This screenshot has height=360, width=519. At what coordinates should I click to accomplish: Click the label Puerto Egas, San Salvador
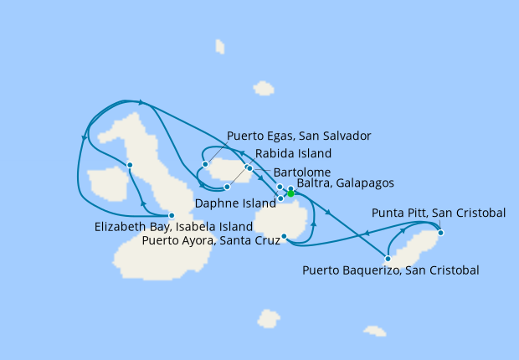pyautogui.click(x=299, y=136)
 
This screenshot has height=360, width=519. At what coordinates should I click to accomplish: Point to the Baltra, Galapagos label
pyautogui.click(x=345, y=183)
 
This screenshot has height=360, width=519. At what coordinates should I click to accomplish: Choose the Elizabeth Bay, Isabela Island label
pyautogui.click(x=174, y=227)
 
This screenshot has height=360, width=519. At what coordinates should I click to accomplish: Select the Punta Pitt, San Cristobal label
pyautogui.click(x=438, y=213)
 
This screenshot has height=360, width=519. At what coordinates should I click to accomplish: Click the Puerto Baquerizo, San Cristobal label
pyautogui.click(x=391, y=270)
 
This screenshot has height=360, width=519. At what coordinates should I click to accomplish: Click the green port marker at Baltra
pyautogui.click(x=290, y=193)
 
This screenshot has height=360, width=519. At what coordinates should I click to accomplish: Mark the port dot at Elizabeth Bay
pyautogui.click(x=172, y=215)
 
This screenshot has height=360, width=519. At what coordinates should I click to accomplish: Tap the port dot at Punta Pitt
pyautogui.click(x=440, y=233)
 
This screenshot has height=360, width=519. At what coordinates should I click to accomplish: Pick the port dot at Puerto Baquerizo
pyautogui.click(x=388, y=259)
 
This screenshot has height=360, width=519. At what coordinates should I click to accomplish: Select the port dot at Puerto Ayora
pyautogui.click(x=285, y=237)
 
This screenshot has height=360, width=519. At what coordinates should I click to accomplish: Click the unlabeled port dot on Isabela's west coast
pyautogui.click(x=130, y=164)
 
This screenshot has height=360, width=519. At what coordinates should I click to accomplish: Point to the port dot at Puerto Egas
pyautogui.click(x=205, y=163)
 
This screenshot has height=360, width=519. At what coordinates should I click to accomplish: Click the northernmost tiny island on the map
pyautogui.click(x=220, y=47)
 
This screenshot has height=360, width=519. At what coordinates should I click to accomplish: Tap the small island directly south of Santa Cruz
pyautogui.click(x=269, y=318)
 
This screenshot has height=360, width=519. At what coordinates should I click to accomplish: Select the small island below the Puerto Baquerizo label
pyautogui.click(x=375, y=331)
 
